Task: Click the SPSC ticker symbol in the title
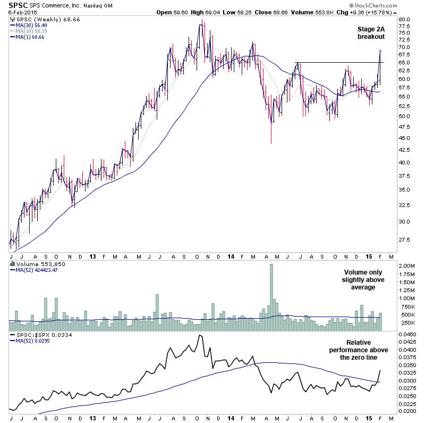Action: click(x=19, y=5)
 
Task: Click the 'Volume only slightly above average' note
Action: click(x=364, y=279)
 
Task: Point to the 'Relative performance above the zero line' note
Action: click(x=359, y=350)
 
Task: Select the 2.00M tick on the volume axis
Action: click(x=406, y=266)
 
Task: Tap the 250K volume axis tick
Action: click(x=406, y=322)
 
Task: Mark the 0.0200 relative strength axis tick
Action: click(x=407, y=411)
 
